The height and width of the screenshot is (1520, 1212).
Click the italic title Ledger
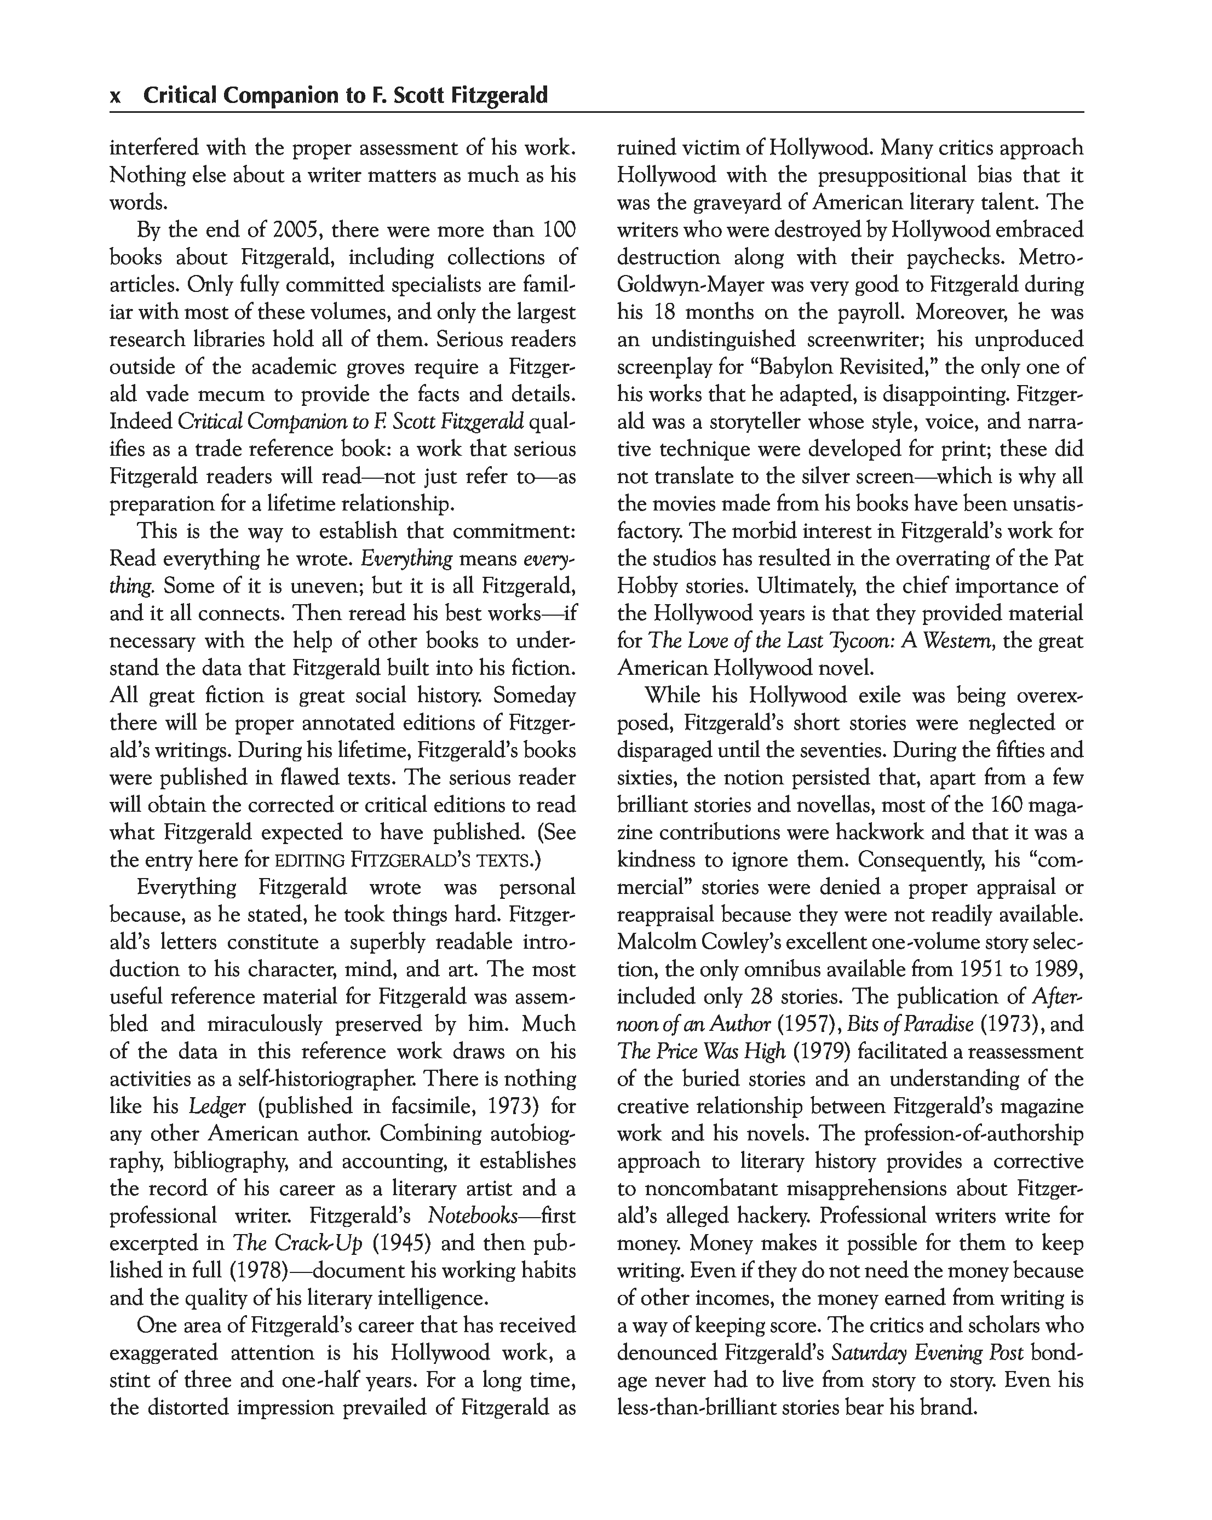coord(216,1106)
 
